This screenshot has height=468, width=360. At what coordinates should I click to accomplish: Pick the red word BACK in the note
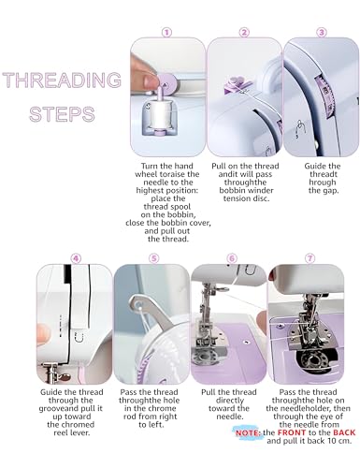click(x=327, y=433)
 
